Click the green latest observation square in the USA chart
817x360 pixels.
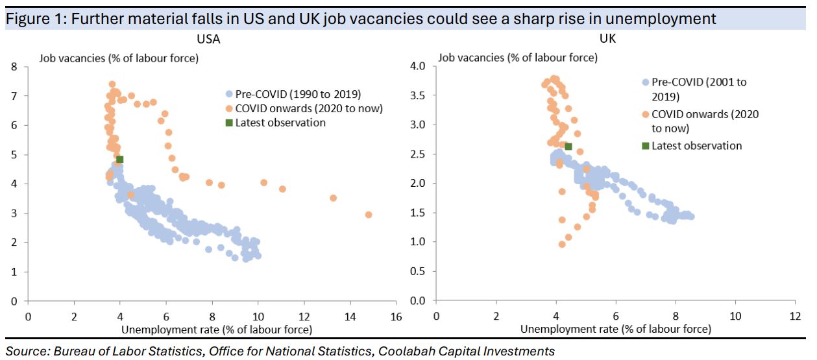pos(119,159)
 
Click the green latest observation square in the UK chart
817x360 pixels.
pos(568,147)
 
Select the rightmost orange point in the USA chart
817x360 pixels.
pos(369,214)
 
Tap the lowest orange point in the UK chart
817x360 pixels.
pos(562,244)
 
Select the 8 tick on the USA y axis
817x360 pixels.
pos(14,66)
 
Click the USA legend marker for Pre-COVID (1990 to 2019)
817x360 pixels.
pos(229,93)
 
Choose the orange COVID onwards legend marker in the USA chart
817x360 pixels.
pos(229,108)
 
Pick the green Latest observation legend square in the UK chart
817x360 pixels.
pos(644,146)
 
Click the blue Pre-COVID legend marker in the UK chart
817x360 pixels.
pos(644,82)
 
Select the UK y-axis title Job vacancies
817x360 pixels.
pos(517,57)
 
